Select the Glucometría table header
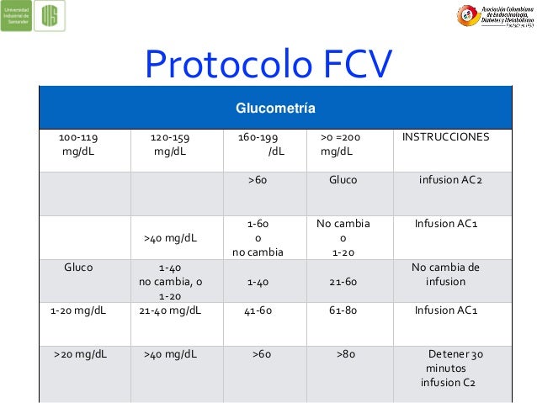(269, 109)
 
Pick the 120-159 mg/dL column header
(169, 144)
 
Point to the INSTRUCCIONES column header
(445, 136)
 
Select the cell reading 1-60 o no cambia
(258, 238)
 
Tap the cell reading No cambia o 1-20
(343, 238)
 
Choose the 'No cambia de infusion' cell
(445, 275)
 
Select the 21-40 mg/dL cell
(169, 310)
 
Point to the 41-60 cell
(258, 310)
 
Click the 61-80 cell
(343, 310)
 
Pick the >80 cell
(343, 354)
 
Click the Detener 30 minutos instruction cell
(451, 369)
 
